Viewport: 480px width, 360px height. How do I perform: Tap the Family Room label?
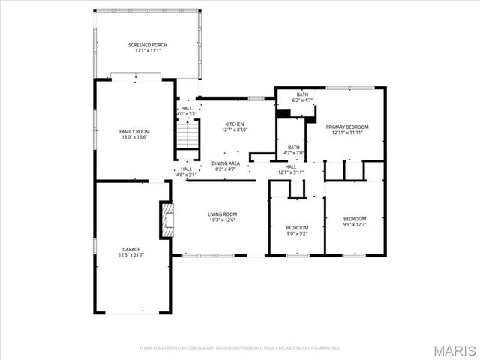(134, 131)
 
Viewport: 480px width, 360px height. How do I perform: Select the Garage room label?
(131, 249)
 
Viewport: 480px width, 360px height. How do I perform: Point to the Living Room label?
(222, 214)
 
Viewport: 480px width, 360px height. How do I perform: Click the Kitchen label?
(233, 124)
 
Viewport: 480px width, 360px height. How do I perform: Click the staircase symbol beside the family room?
(188, 137)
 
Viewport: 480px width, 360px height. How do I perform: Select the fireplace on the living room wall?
(166, 218)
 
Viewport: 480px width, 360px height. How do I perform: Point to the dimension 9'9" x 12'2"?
(355, 223)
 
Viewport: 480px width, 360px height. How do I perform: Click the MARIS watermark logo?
(457, 349)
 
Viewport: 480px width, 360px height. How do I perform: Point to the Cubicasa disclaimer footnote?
(240, 347)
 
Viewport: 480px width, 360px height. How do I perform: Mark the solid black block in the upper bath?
(284, 113)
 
